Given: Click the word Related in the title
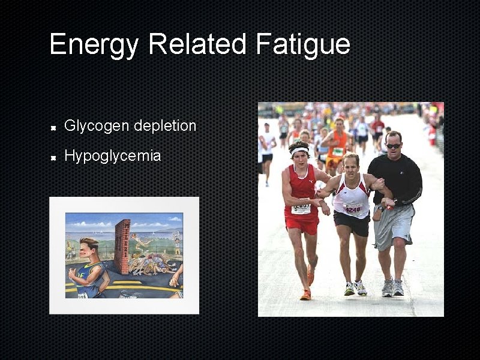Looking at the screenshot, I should click(197, 45).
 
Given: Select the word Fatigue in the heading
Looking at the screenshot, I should click(302, 45).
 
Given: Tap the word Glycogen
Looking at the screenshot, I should click(97, 126).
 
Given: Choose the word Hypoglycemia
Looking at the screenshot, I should click(112, 157).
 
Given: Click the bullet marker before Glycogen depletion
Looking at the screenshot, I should click(53, 127).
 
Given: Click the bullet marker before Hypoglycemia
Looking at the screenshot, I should click(53, 158).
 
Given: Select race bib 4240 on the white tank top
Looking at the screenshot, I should click(352, 208).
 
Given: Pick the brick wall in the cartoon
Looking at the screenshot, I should click(122, 246).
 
